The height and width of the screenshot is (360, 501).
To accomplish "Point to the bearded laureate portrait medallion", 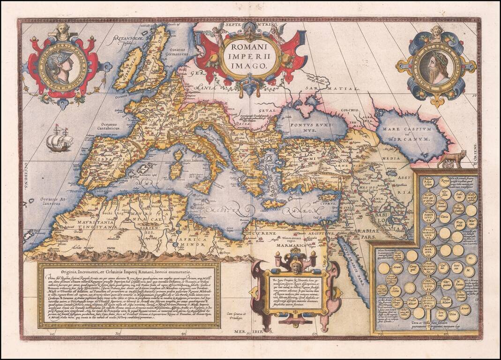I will point(436,67).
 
